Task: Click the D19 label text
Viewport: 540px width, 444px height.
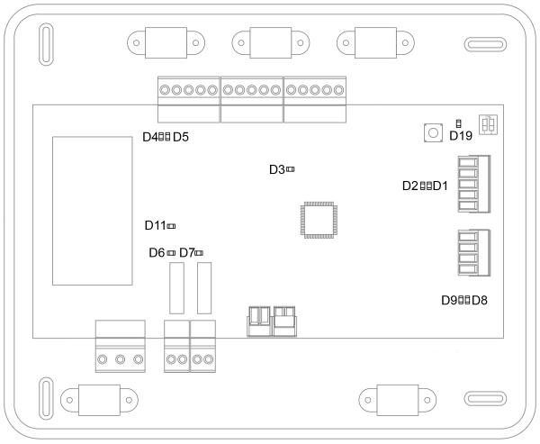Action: click(x=460, y=136)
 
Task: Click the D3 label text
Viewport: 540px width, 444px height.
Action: click(x=277, y=169)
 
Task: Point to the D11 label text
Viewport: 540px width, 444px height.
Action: click(x=155, y=225)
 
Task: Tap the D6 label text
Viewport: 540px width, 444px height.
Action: click(x=157, y=253)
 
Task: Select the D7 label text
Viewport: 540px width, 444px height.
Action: click(x=187, y=253)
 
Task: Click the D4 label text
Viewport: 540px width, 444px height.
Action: click(x=150, y=137)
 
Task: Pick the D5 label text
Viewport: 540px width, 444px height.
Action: click(x=180, y=137)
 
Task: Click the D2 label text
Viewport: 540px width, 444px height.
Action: click(x=410, y=186)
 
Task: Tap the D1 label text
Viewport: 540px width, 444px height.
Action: click(x=441, y=186)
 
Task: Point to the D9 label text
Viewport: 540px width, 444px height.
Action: click(x=449, y=300)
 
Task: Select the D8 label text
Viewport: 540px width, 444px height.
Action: click(x=480, y=300)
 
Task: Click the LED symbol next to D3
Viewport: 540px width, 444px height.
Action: click(x=291, y=169)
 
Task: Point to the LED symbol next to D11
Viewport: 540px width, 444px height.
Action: click(x=171, y=225)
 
